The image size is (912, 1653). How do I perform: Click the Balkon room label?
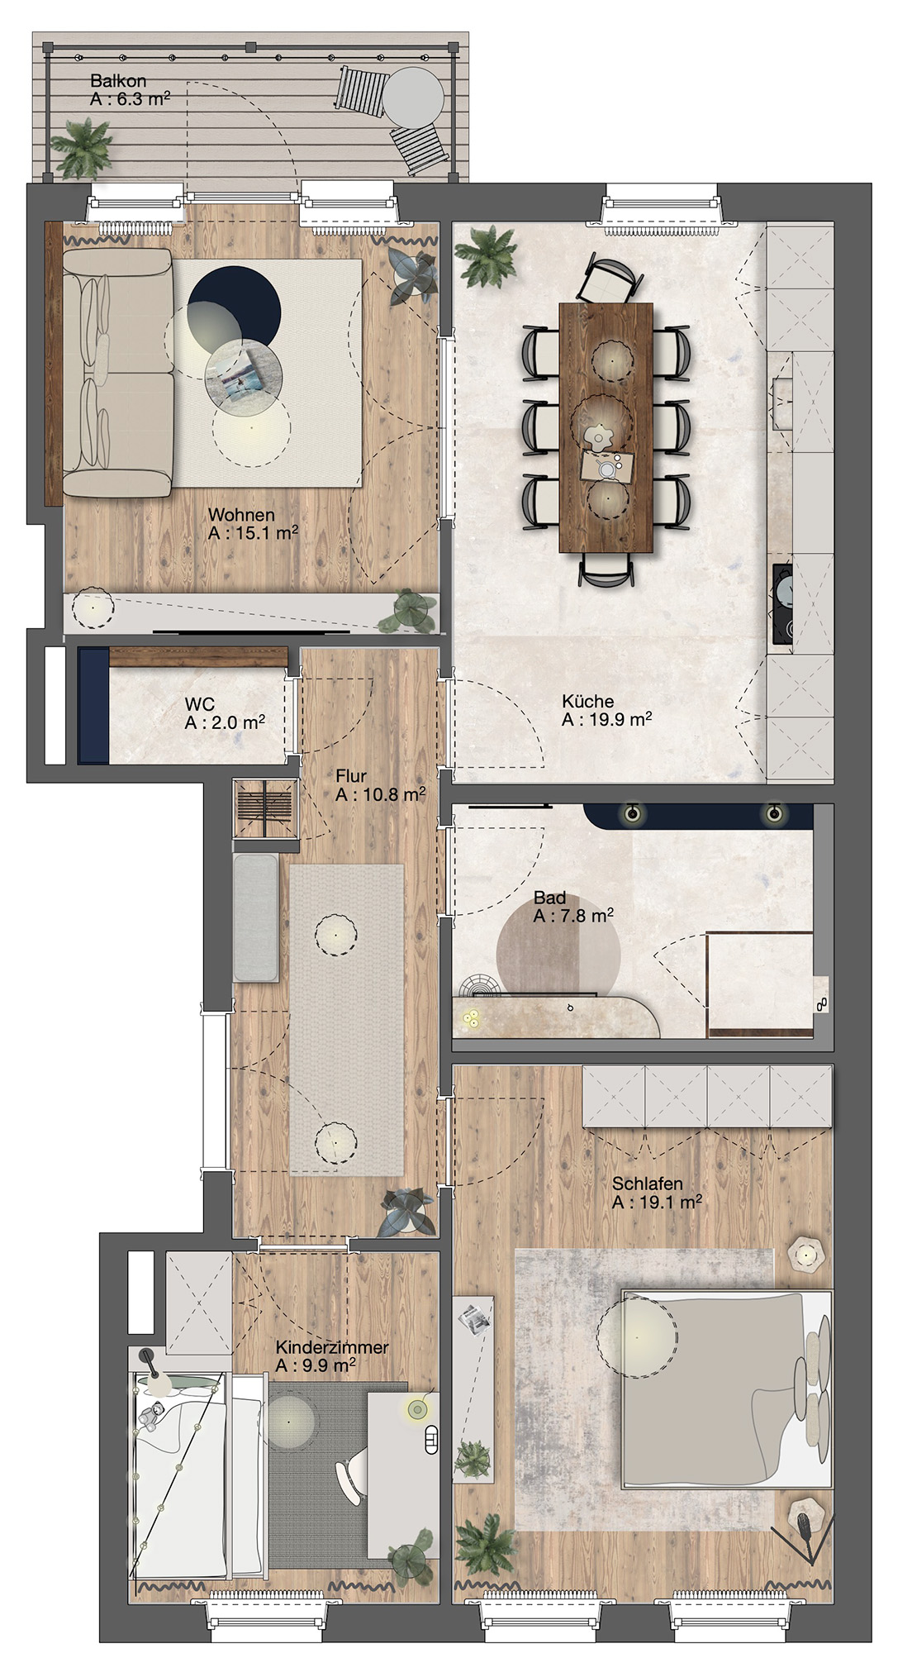click(118, 81)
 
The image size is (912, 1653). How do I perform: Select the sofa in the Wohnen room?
click(117, 374)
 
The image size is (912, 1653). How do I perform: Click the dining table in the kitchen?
click(606, 427)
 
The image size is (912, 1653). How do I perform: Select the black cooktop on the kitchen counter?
click(782, 603)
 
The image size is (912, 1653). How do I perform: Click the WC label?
click(200, 704)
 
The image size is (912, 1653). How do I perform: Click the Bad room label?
click(550, 898)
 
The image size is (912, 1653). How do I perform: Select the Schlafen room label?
click(648, 1184)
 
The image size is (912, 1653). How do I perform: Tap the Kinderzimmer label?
click(332, 1347)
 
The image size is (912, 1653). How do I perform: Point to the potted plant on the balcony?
click(83, 149)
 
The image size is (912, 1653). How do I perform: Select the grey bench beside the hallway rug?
click(256, 917)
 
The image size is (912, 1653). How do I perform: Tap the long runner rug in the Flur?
click(347, 1018)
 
